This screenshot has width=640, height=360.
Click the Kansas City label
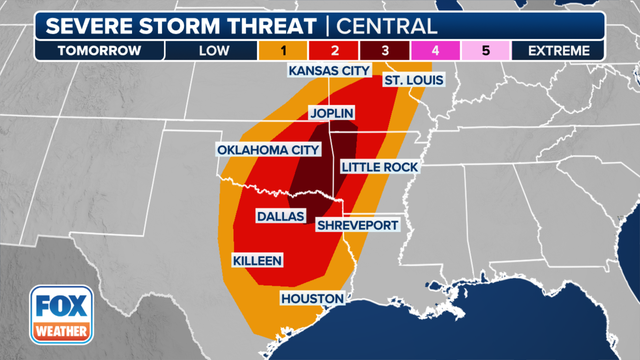[x=328, y=71]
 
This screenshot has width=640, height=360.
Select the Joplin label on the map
[x=332, y=114]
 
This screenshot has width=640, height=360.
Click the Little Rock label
[x=379, y=166]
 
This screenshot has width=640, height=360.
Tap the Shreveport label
[x=357, y=225]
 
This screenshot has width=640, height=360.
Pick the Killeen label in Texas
[x=257, y=261]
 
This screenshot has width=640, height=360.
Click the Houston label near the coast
[x=312, y=298]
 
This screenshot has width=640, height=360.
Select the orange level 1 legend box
[x=284, y=50]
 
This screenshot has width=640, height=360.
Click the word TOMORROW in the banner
[x=83, y=50]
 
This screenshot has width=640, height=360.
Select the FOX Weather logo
[x=59, y=313]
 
